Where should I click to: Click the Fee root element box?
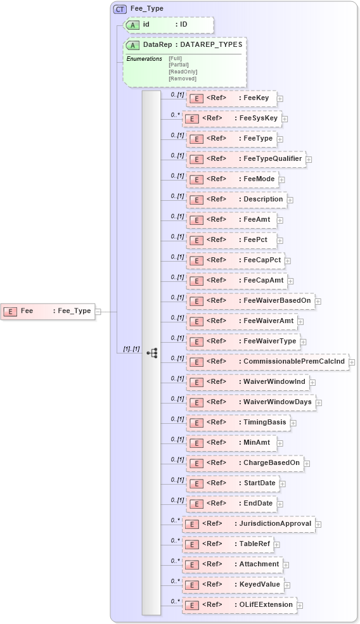click(x=48, y=311)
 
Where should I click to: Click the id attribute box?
click(x=168, y=25)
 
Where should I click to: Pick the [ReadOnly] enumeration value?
click(x=183, y=72)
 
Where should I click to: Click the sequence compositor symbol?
click(x=152, y=352)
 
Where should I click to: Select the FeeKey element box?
click(x=231, y=98)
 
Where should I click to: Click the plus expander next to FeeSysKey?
click(x=285, y=118)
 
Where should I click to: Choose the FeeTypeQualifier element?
click(x=247, y=159)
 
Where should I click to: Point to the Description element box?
click(x=237, y=200)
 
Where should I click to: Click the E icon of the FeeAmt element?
click(x=196, y=220)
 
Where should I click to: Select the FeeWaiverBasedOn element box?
click(x=251, y=301)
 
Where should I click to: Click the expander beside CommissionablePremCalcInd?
click(x=352, y=362)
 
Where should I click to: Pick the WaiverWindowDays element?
click(x=252, y=402)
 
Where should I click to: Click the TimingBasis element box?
click(x=239, y=423)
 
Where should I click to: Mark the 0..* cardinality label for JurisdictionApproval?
click(x=176, y=520)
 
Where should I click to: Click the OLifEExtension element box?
click(x=240, y=605)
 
